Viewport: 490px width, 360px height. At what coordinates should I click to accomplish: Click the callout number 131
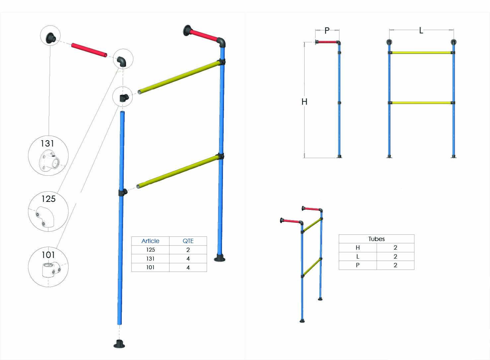47,144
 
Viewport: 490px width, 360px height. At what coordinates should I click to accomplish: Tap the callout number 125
48,199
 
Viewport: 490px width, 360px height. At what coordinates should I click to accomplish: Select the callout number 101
48,255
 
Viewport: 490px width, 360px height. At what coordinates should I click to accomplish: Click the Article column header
150,241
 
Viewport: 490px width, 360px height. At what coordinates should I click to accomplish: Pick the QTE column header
188,241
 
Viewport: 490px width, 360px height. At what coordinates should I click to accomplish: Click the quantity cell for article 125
188,250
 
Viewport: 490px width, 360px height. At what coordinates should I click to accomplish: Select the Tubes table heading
376,239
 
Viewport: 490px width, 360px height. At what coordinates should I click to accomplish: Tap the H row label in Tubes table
358,248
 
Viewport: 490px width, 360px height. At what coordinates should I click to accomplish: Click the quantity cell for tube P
395,265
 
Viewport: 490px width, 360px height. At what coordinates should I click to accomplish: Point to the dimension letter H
304,102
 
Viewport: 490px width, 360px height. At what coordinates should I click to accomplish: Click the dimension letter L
421,31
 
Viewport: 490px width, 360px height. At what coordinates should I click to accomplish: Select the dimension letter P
327,31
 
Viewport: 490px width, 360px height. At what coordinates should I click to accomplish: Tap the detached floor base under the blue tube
119,344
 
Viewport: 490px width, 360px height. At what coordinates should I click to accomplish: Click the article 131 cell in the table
150,259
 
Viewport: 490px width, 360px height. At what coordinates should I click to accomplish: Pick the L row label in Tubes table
358,257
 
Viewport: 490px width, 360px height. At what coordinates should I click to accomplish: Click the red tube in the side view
327,42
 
